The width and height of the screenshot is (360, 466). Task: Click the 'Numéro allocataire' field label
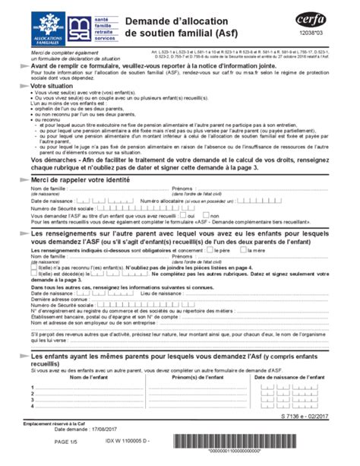[166, 201]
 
